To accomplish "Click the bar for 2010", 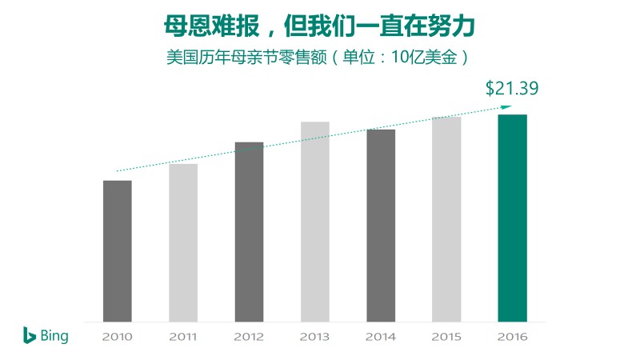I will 118,250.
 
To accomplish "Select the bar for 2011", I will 183,242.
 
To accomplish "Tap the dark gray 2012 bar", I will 249,232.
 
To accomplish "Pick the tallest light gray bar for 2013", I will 315,222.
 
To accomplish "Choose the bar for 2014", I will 381,225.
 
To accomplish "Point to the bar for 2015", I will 446,219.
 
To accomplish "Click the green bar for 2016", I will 512,218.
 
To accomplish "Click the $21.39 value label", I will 512,89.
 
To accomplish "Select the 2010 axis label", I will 118,337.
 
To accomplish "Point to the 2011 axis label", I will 183,337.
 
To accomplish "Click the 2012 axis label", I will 249,337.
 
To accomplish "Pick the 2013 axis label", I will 314,337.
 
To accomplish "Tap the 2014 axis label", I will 381,337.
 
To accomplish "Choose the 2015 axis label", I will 446,337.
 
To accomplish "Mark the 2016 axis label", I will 512,337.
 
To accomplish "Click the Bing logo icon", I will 29,335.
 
